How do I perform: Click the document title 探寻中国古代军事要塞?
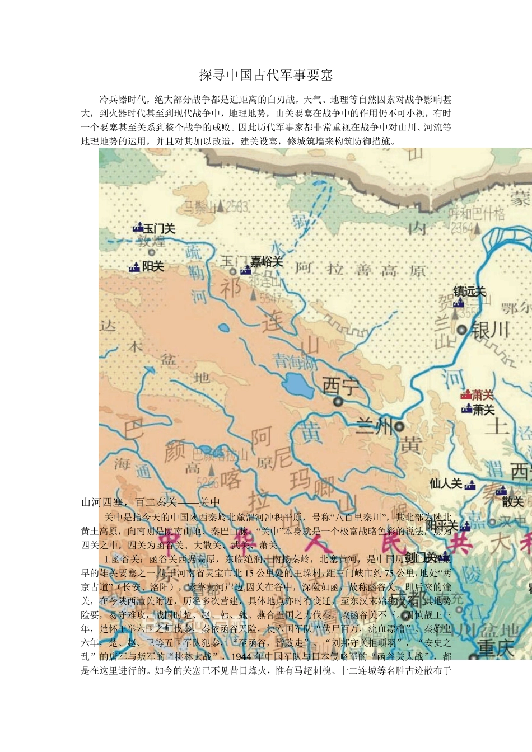[266, 75]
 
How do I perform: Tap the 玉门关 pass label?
[160, 229]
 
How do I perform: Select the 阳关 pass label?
[153, 267]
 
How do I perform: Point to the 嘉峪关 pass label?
[267, 262]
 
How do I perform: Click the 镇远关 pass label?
[469, 292]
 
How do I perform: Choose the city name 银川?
[491, 330]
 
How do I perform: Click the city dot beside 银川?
[462, 330]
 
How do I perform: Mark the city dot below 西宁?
[338, 401]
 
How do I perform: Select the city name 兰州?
[375, 427]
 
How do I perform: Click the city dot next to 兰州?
[399, 426]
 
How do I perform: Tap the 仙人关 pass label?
[446, 483]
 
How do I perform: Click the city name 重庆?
[496, 648]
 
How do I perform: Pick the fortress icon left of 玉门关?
[138, 228]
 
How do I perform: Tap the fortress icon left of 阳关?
[134, 267]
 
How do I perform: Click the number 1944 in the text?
[242, 656]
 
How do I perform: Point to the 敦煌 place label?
[151, 242]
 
